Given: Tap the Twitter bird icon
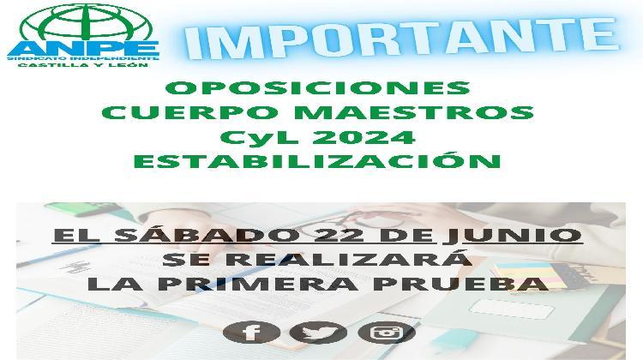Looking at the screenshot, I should (318, 333).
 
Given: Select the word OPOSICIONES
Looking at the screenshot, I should (317, 88).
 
